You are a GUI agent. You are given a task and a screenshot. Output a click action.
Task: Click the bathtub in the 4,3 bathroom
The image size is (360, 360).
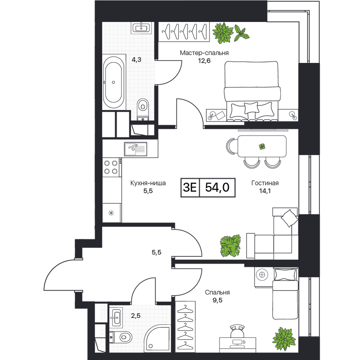tap(114, 82)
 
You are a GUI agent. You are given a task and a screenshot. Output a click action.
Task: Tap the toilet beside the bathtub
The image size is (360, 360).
tap(143, 109)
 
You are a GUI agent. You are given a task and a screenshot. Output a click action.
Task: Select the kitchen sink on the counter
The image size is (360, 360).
tap(136, 149)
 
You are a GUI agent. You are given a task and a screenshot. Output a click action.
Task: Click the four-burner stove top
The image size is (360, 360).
tap(111, 167)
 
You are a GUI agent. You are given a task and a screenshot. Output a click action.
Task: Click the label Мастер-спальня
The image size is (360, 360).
tap(204, 53)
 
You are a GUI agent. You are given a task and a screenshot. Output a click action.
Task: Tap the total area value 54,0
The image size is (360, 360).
tap(217, 187)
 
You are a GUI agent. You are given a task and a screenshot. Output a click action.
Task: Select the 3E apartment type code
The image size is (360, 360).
tap(190, 188)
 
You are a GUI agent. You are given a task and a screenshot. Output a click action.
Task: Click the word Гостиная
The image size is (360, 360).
tap(265, 183)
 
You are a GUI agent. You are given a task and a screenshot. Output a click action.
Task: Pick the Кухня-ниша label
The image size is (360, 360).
tap(148, 183)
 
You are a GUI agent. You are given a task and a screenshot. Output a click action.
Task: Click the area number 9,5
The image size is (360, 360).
tap(217, 300)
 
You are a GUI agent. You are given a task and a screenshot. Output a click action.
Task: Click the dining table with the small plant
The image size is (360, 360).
tap(262, 146)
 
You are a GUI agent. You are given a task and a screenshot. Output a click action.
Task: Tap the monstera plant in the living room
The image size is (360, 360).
tap(230, 246)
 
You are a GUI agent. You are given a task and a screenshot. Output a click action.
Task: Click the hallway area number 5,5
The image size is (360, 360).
tap(156, 252)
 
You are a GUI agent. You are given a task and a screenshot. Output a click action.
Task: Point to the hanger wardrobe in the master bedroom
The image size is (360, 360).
tap(184, 32)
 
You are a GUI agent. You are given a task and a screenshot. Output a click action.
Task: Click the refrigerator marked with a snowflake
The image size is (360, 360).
tap(111, 213)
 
